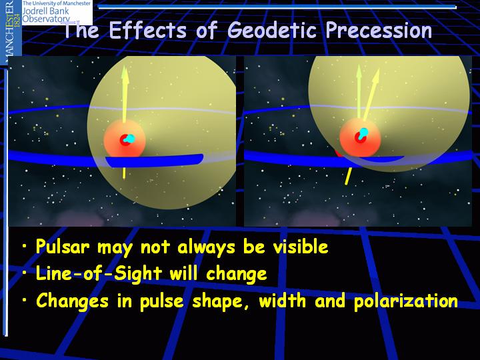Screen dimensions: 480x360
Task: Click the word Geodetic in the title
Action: [x=272, y=31]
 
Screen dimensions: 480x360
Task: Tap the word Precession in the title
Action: [x=379, y=31]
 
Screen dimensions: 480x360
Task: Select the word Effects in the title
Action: [x=147, y=30]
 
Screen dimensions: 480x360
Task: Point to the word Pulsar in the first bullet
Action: [x=63, y=247]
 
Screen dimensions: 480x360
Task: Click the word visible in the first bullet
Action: [x=301, y=247]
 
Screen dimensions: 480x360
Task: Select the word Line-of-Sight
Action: [x=99, y=273]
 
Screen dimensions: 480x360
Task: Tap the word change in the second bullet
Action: [x=236, y=274]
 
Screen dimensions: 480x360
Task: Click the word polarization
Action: [x=405, y=301]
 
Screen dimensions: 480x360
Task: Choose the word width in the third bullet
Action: [x=282, y=300]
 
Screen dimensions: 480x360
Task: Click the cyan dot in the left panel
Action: [x=130, y=139]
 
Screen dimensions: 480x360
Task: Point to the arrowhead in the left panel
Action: [x=125, y=73]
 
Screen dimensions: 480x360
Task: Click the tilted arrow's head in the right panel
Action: [x=376, y=77]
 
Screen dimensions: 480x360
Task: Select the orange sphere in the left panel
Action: [x=124, y=139]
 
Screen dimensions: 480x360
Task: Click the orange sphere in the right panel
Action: [x=360, y=138]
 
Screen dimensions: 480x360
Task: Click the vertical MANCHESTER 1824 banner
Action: [x=11, y=31]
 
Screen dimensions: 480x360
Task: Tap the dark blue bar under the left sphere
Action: [x=155, y=161]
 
